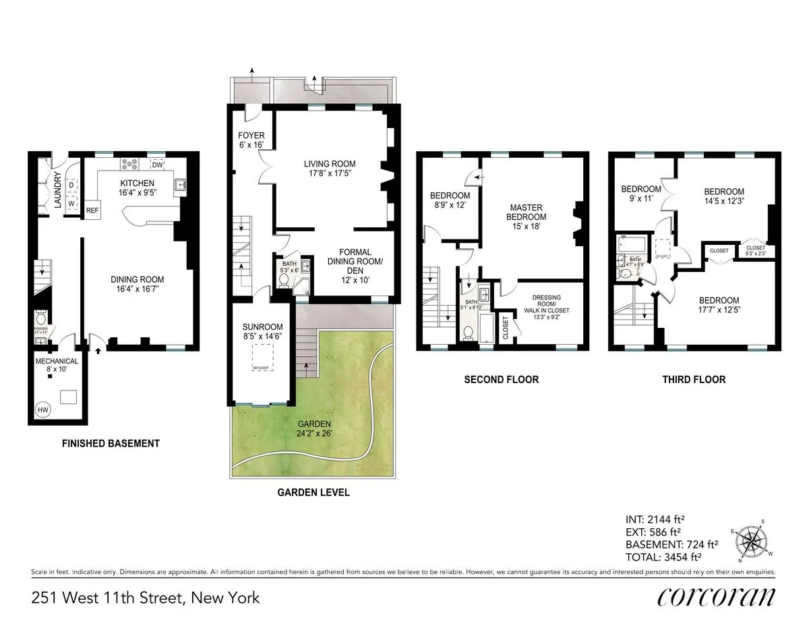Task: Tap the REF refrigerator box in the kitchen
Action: coord(92,210)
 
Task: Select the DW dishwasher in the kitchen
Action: coord(157,165)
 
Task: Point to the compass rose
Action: coord(754,541)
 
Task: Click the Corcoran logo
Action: coord(716,596)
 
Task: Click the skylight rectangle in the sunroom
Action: coord(261,355)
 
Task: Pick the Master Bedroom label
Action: coord(527,217)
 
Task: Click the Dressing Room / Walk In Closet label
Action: coord(550,304)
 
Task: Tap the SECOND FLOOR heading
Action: coord(501,380)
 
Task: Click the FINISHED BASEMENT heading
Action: coord(111,443)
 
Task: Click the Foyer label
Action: coord(251,140)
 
